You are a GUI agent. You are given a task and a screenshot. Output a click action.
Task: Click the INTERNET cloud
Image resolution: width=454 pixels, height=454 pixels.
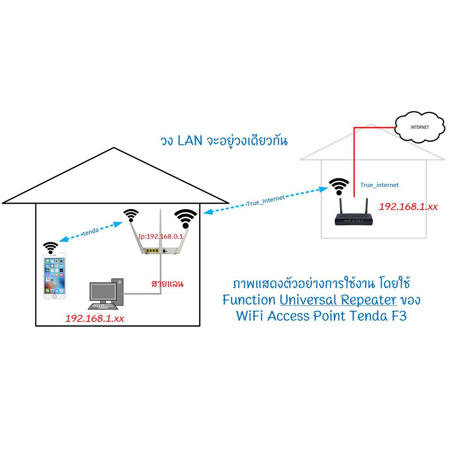419,127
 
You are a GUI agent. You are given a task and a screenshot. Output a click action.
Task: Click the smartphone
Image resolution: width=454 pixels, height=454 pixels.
55,276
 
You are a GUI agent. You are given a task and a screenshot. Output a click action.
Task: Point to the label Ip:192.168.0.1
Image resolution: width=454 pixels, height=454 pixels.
160,236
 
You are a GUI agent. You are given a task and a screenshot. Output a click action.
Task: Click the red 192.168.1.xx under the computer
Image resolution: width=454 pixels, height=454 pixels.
95,318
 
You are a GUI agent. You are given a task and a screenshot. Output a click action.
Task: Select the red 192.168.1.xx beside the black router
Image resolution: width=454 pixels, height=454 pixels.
408,207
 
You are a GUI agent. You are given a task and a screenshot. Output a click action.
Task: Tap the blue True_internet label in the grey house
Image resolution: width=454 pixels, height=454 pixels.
380,185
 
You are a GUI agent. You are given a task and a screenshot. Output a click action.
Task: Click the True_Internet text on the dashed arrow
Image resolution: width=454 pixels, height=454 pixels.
266,200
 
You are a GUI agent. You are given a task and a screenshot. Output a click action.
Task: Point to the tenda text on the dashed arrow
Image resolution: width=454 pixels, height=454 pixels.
91,231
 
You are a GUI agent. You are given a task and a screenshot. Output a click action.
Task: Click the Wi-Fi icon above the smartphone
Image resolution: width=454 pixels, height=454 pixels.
51,248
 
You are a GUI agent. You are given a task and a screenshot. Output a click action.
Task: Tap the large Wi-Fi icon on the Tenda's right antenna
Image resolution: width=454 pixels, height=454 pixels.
186,219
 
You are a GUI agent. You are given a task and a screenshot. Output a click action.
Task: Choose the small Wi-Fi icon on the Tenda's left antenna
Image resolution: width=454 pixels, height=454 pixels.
131,215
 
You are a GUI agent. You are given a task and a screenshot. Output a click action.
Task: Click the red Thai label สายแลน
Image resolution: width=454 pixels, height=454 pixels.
167,283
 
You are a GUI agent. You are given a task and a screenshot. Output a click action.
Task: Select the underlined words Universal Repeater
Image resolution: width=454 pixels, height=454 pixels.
338,300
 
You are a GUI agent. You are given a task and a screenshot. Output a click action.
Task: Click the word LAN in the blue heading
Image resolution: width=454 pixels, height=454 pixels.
190,141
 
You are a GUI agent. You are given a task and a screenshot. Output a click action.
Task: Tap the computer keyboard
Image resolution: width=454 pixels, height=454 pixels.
103,306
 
